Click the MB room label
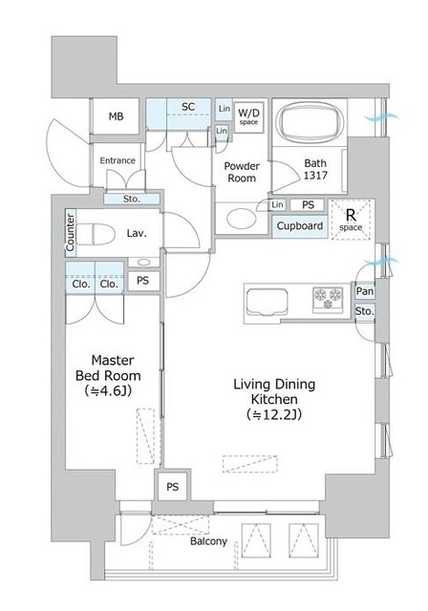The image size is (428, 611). point(116,116)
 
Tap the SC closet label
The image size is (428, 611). point(188,106)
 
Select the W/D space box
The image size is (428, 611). point(248,116)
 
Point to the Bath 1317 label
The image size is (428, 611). point(315,169)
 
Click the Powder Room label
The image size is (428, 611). point(242,172)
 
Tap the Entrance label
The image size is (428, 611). point(118,160)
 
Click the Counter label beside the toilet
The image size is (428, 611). point(70,232)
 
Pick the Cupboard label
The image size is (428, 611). point(300,226)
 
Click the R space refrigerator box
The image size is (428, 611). point(351,220)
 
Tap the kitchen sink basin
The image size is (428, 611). point(267,302)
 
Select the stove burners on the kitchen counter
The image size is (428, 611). point(328,299)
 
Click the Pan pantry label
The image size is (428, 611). point(365,290)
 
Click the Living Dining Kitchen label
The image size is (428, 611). point(274,391)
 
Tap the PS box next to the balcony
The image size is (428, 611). point(173,486)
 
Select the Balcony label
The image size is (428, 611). point(208,541)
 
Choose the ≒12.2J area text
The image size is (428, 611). point(274,414)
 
